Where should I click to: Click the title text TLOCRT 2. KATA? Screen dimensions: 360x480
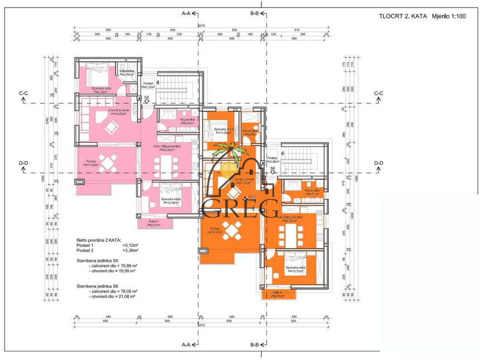coord(400,17)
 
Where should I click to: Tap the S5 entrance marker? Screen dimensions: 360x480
coord(146,98)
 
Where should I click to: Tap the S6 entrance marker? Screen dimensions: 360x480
coord(272,168)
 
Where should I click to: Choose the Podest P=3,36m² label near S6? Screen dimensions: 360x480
coord(274,160)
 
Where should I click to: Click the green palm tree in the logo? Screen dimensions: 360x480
coord(229,151)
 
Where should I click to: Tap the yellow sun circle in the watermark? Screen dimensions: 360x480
coord(229,168)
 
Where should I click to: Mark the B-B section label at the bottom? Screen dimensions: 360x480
coord(255,344)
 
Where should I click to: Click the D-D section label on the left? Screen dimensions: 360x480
coord(23,163)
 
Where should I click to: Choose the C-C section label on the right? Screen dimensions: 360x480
coord(378,93)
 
